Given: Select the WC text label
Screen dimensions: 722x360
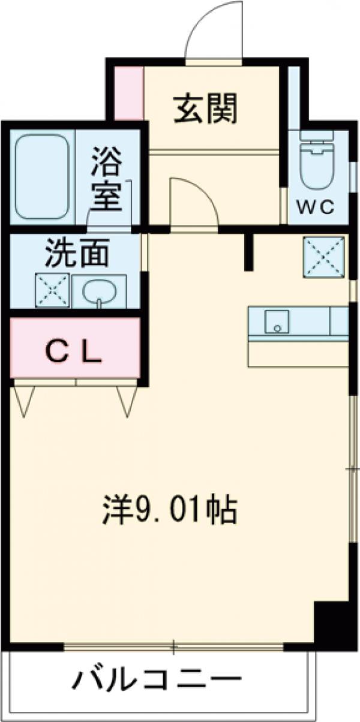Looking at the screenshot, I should pos(316,207).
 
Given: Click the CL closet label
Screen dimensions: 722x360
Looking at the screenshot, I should pos(74,353).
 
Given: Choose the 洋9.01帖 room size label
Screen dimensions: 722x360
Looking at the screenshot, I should pos(169,510).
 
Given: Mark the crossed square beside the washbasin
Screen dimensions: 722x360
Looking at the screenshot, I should pos(52,291).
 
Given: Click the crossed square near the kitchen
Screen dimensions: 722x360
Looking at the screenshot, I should pos(324,258).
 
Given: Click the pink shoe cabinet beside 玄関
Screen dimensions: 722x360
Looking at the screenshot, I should pos(129,93).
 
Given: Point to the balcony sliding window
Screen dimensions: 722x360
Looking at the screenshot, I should pos(173,647).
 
